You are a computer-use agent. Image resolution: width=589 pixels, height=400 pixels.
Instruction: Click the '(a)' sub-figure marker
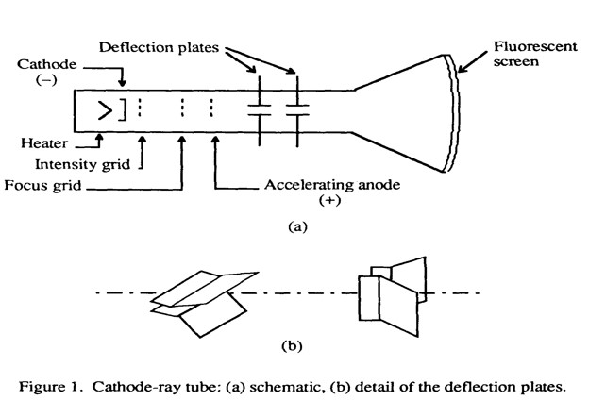(294, 226)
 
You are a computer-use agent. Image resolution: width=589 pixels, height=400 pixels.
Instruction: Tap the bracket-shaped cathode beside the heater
(120, 109)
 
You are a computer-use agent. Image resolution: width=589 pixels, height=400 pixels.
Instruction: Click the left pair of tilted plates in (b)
(201, 300)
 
